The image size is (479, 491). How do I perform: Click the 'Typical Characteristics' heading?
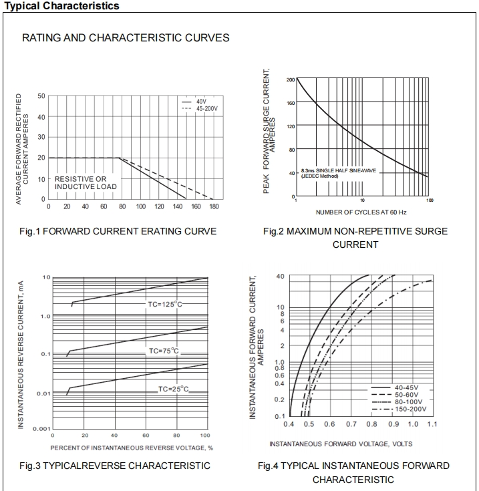point(61,6)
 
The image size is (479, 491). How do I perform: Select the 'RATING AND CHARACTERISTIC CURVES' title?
point(126,38)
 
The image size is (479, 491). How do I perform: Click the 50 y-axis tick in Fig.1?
point(41,96)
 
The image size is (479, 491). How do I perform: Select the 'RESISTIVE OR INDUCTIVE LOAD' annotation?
point(86,183)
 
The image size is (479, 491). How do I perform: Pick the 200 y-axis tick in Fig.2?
point(291,80)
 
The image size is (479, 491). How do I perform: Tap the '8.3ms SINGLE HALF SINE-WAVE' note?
point(339,171)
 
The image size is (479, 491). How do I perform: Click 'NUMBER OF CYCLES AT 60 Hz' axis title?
point(361,212)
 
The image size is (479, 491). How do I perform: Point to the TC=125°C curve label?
point(166,304)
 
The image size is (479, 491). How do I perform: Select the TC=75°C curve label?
point(164,351)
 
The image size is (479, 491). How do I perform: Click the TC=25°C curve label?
point(174,389)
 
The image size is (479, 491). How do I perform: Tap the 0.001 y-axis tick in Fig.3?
point(41,428)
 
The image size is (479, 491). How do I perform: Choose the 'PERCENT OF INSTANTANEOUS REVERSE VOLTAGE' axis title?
point(132,447)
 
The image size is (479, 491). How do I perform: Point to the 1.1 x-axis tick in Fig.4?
point(432,424)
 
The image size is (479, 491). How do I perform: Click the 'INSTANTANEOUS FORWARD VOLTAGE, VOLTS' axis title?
point(341,444)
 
